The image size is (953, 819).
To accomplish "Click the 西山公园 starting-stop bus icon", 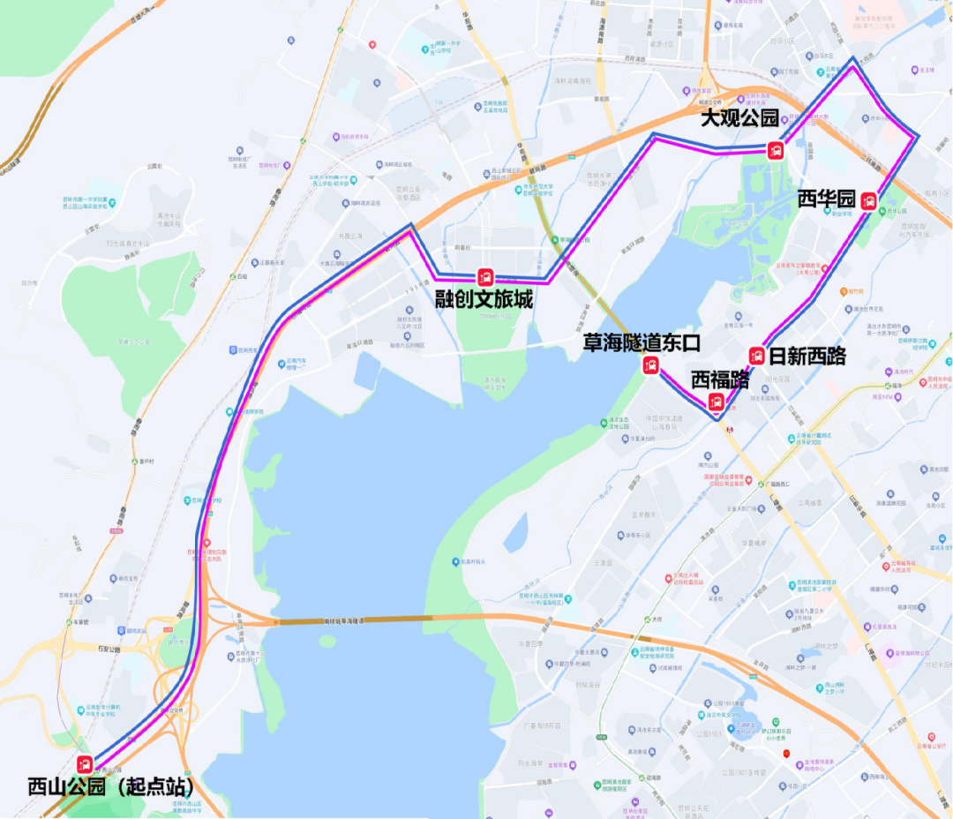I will [86, 764].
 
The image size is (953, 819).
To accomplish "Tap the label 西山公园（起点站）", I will [110, 785].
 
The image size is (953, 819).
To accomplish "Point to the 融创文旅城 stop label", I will [484, 300].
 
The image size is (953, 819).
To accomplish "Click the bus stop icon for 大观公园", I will [775, 149].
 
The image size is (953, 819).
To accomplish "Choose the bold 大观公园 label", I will [739, 118].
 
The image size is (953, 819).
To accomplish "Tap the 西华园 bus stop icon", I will [869, 200].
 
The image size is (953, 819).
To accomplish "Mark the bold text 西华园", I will [826, 199].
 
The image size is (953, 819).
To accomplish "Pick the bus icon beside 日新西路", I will [756, 356].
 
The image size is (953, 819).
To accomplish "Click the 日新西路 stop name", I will [807, 357].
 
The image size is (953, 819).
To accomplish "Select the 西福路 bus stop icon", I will [717, 402].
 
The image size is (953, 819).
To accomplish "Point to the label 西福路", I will [720, 380].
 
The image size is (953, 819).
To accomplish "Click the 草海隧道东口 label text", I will [642, 342].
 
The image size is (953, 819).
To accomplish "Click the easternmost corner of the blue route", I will [919, 136].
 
